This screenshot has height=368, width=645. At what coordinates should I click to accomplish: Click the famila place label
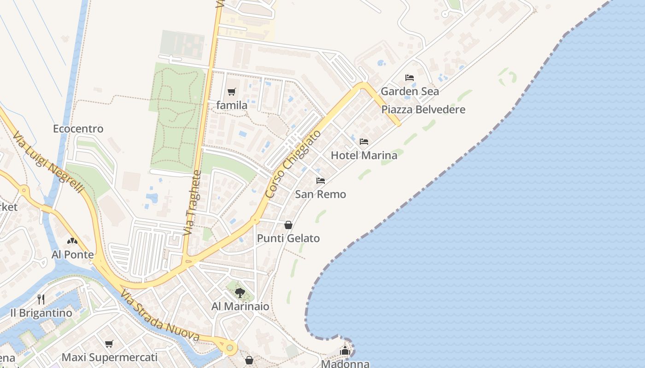[232, 105]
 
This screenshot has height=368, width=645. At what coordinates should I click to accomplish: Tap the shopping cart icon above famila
[232, 92]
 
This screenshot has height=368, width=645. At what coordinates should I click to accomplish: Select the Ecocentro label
[78, 129]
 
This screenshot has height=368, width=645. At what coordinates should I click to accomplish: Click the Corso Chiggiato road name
[293, 164]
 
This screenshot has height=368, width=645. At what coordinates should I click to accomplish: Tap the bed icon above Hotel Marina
[364, 142]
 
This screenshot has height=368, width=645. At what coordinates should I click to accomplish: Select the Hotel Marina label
[364, 155]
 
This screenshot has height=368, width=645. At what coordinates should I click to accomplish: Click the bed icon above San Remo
[321, 181]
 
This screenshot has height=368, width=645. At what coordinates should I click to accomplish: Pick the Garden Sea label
[410, 91]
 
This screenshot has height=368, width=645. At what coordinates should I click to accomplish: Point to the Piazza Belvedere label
[423, 109]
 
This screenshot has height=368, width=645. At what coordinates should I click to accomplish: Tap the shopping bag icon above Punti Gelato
[288, 225]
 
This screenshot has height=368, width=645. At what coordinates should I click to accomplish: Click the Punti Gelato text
[288, 238]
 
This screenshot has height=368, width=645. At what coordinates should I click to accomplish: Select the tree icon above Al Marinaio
[240, 293]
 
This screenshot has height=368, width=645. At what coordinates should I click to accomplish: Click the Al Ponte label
[72, 254]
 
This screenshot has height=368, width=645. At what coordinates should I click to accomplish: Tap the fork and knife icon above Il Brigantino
[41, 299]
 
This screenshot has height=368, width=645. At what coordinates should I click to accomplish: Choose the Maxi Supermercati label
[110, 357]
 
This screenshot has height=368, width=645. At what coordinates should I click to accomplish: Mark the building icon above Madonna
[345, 351]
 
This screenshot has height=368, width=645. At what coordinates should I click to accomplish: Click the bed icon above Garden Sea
[410, 78]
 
